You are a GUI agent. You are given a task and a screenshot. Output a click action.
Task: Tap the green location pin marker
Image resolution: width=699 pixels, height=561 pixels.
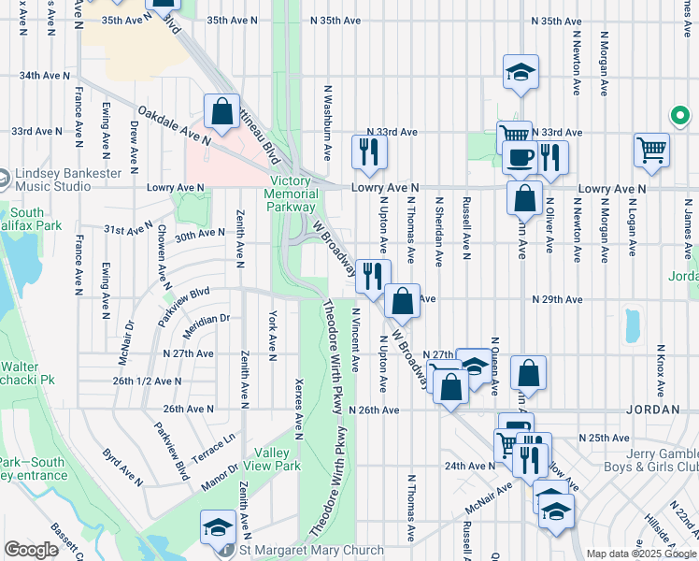tap(681, 117)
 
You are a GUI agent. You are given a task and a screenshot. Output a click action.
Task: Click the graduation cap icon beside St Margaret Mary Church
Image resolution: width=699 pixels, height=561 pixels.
tap(218, 527)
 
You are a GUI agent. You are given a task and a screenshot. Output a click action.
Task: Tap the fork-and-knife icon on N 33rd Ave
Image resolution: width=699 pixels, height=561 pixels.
tap(369, 152)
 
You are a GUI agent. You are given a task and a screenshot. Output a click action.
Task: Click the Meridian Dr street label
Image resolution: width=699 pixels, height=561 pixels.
tap(207, 319)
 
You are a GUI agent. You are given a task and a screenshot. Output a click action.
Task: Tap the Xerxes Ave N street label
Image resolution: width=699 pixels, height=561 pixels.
tap(299, 410)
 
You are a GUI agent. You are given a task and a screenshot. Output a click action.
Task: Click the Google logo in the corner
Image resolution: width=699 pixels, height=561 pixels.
tap(31, 550)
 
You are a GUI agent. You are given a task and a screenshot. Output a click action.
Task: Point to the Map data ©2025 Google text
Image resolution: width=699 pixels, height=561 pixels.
tap(641, 554)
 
